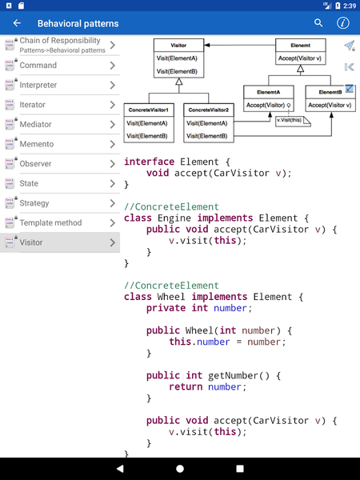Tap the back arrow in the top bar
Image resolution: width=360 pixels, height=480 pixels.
click(18, 23)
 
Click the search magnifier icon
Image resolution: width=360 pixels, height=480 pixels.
click(319, 23)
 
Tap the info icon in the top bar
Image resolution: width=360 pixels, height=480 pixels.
click(343, 23)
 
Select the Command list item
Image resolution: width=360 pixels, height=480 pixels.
click(60, 66)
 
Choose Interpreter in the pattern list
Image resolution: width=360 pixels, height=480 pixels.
click(60, 85)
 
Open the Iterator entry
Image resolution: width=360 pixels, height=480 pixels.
click(60, 105)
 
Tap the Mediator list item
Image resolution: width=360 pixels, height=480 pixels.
click(60, 124)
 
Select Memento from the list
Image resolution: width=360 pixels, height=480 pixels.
click(60, 144)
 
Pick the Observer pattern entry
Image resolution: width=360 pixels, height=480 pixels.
click(60, 163)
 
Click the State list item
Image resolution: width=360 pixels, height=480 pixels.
click(60, 183)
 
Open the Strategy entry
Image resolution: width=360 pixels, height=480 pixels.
click(60, 203)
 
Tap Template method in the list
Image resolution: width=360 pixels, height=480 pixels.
click(60, 222)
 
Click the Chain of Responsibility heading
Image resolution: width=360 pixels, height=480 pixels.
click(60, 41)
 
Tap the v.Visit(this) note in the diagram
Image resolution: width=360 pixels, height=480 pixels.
click(290, 120)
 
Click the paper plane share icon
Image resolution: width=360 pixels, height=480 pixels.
click(349, 46)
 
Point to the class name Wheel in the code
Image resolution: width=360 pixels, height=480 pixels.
click(171, 297)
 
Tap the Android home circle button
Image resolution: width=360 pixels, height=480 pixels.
click(180, 468)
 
